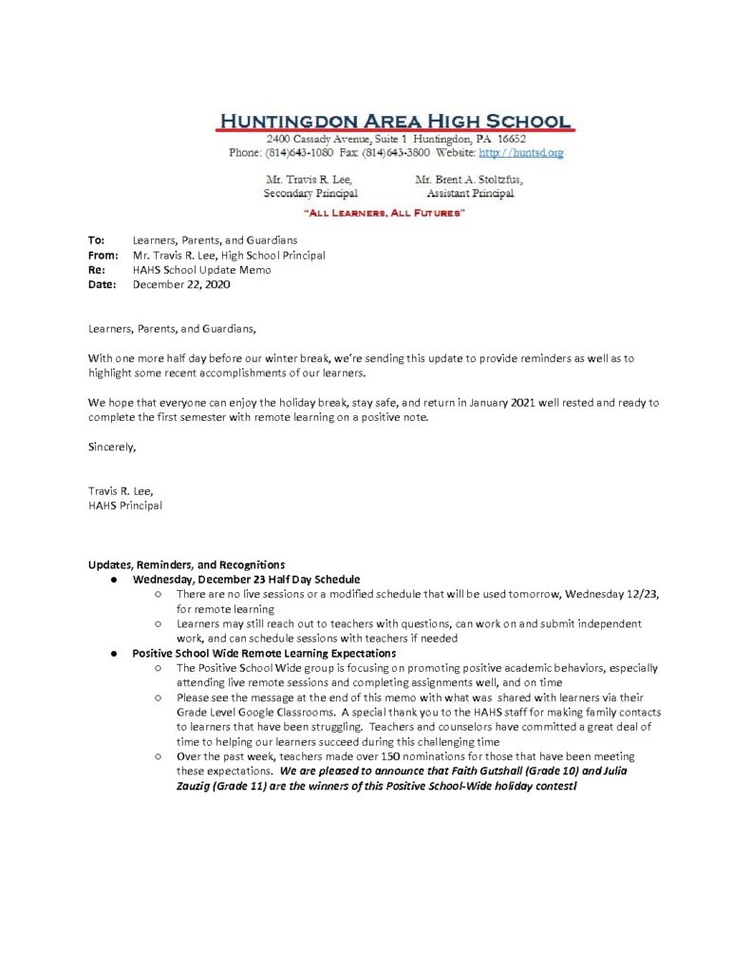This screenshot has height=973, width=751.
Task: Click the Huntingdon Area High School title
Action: pos(394,122)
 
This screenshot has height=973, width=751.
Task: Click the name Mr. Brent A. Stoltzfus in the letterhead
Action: pos(468,179)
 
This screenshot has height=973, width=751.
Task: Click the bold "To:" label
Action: pos(96,240)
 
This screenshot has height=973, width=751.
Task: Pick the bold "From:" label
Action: pos(103,255)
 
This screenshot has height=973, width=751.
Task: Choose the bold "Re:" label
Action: pos(96,269)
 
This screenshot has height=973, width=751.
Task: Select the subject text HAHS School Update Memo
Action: pos(201,269)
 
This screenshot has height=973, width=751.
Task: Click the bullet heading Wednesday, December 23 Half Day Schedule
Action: pos(246,579)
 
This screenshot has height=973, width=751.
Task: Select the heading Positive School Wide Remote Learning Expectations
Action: pos(263,653)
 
